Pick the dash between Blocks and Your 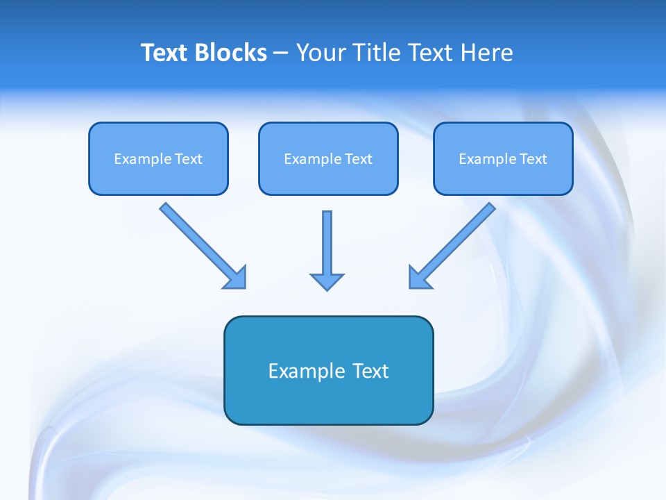pyautogui.click(x=281, y=53)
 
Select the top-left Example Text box pyautogui.click(x=158, y=158)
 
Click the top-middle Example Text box pyautogui.click(x=328, y=158)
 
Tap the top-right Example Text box pyautogui.click(x=503, y=158)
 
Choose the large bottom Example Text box pyautogui.click(x=328, y=370)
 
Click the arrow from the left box pyautogui.click(x=201, y=244)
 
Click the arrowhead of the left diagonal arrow pyautogui.click(x=236, y=278)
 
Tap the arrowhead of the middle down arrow pyautogui.click(x=327, y=281)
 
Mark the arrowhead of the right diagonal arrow pyautogui.click(x=419, y=278)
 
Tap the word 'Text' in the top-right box pyautogui.click(x=533, y=159)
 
